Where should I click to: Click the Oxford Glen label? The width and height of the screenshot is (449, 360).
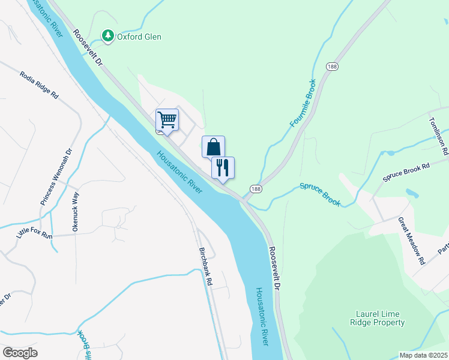(x=139, y=37)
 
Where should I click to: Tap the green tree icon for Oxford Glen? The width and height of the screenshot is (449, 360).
(x=108, y=36)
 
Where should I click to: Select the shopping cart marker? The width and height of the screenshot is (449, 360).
(x=167, y=119)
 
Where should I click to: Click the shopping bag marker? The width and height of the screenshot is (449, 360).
(x=213, y=146)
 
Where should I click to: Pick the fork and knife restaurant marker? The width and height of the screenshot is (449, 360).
(x=223, y=167)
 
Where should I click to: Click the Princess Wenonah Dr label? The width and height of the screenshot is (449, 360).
(x=56, y=178)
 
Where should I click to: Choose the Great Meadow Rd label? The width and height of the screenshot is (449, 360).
(x=411, y=241)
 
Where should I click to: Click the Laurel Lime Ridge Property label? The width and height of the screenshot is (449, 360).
(x=378, y=319)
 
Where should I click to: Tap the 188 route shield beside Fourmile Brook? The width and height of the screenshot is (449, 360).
(x=331, y=67)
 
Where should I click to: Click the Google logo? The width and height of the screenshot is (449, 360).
(x=20, y=353)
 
